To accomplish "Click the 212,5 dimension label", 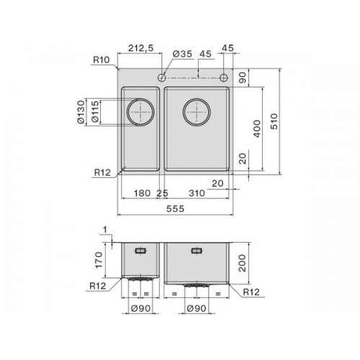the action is [140, 48].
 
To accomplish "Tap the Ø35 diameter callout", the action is [182, 54].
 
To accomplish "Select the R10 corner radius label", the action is [101, 60].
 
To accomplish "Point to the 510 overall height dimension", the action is [274, 122].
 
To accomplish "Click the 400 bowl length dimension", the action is [257, 129].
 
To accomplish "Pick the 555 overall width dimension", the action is [176, 209].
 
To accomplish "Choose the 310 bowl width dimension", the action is [197, 193].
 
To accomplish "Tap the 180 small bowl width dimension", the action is [142, 193].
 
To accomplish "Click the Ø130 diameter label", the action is [81, 112].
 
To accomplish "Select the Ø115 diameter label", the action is [95, 112].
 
